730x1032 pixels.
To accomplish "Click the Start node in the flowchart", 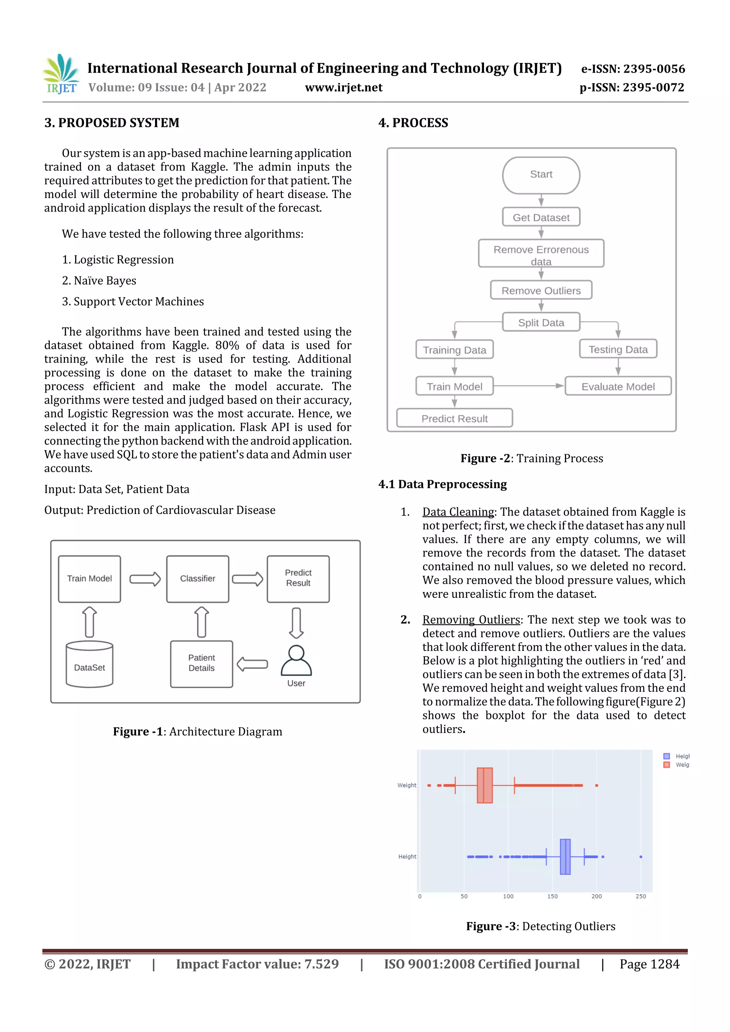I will [541, 175].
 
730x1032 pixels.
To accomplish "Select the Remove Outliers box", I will [541, 290].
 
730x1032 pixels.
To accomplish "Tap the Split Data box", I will [541, 322].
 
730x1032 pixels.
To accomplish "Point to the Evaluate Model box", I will [618, 386].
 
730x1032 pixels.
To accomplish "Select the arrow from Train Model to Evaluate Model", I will [529, 386].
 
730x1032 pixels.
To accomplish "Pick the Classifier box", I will [197, 579].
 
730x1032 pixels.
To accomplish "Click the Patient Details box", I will [201, 663].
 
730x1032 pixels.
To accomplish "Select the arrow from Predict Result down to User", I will [296, 623].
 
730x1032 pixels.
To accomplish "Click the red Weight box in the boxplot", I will [484, 785].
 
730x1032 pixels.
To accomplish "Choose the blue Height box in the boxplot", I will [565, 856].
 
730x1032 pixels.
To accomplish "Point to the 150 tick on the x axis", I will [552, 896].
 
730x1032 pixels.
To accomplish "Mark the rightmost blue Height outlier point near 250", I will [641, 857].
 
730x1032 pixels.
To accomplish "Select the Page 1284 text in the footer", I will [649, 964].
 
